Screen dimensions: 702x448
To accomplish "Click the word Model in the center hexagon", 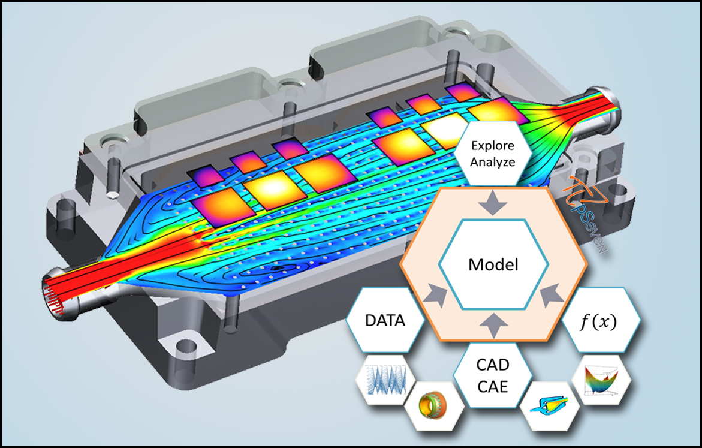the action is [493, 264].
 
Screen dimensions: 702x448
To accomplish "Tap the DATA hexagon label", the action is [385, 320].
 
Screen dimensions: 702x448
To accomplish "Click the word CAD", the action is [492, 365].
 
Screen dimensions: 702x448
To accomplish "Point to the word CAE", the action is [492, 387].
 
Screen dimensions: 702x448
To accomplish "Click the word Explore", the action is [492, 146].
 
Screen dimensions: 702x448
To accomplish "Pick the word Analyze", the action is [492, 162].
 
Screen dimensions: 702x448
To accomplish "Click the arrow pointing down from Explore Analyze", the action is [492, 203].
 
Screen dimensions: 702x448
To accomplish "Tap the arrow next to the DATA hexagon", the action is [437, 295].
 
